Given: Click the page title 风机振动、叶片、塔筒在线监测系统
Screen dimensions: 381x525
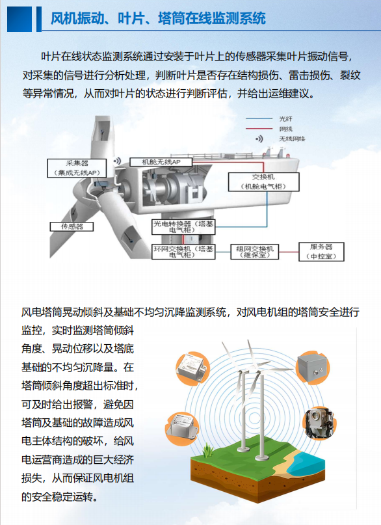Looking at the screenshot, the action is (x=158, y=18).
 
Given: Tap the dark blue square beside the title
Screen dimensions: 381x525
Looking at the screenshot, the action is (x=20, y=19).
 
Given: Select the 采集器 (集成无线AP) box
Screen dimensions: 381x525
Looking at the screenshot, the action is (x=77, y=168).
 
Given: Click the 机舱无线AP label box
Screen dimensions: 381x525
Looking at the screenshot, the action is (x=161, y=162).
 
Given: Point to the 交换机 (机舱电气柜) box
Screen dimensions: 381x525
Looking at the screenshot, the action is (x=263, y=182).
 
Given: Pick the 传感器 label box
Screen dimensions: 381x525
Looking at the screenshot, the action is (x=72, y=226).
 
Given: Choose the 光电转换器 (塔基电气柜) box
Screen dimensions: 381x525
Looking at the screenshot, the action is (x=183, y=226).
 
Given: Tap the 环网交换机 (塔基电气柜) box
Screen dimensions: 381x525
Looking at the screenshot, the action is (x=183, y=252).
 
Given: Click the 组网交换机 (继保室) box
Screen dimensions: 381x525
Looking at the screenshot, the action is (x=255, y=252).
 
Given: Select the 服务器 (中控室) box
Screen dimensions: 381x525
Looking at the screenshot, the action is (x=321, y=252).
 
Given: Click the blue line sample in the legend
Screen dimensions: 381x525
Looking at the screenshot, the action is (x=259, y=118).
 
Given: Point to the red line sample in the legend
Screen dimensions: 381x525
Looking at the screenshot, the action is (x=259, y=129).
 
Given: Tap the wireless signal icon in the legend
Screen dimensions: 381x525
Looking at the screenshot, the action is (x=259, y=139).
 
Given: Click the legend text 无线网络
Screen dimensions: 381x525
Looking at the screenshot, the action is (x=292, y=139).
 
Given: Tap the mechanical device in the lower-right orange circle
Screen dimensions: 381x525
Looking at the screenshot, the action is (x=319, y=424).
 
